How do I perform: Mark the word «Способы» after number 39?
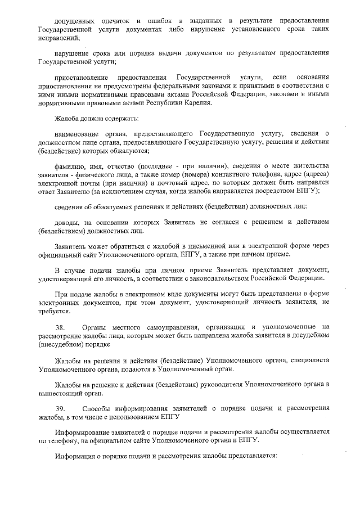coord(96,408)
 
